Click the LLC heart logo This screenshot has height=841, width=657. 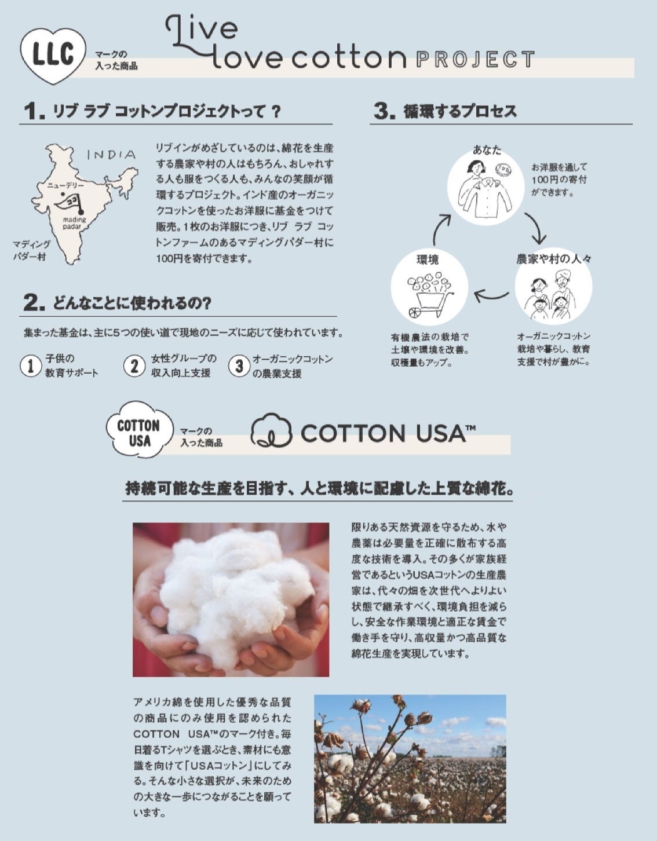[x=53, y=56]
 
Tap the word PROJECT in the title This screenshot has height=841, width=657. [x=475, y=60]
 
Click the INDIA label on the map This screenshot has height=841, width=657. [x=111, y=155]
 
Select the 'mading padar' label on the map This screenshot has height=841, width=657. [x=74, y=223]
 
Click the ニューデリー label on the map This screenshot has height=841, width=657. [x=65, y=185]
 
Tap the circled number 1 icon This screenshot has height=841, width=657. [x=30, y=365]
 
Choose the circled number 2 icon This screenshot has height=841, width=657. [x=134, y=365]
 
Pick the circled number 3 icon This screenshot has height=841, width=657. [x=239, y=365]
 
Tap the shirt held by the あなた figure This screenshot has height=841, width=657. [x=486, y=198]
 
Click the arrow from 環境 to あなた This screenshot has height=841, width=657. [x=441, y=229]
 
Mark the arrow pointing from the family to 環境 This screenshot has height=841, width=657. [x=491, y=297]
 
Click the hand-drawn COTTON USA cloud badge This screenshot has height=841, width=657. [x=139, y=430]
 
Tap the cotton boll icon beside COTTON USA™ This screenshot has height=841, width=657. [x=271, y=431]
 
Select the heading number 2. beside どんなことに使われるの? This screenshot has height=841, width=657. [x=34, y=303]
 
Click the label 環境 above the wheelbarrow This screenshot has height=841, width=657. [x=428, y=259]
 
